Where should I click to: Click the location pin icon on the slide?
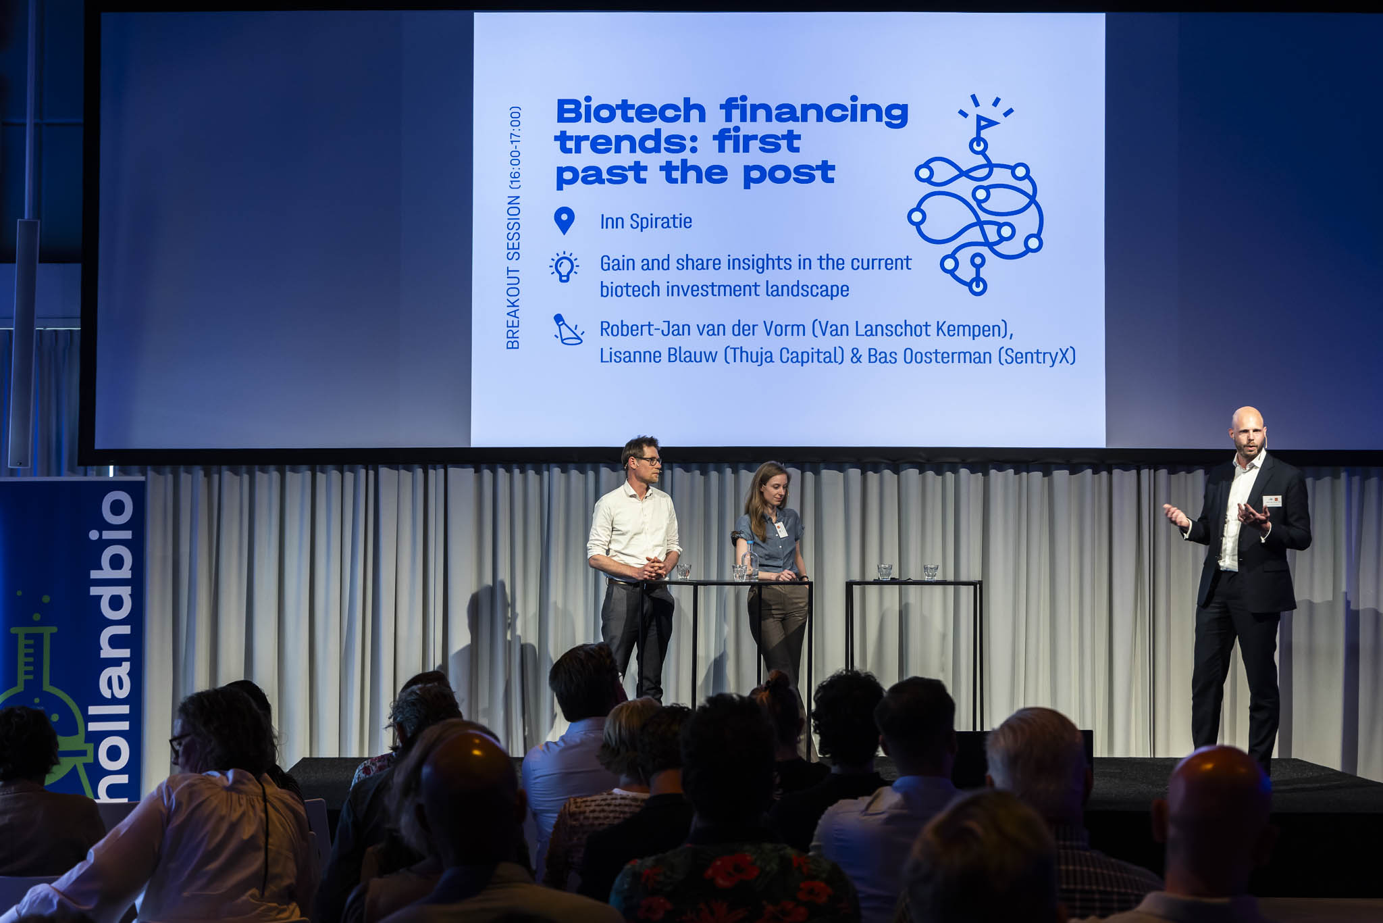point(564,221)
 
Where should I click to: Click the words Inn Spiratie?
point(646,222)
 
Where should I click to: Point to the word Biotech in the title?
point(630,111)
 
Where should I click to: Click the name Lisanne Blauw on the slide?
point(658,355)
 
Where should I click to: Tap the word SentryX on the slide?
point(1037,356)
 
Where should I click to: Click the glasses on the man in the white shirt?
point(648,461)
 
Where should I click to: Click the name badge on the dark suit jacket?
point(1272,501)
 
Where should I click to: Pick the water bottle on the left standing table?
point(749,563)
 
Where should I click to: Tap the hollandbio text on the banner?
point(113,645)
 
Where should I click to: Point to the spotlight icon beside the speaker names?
point(567,329)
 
